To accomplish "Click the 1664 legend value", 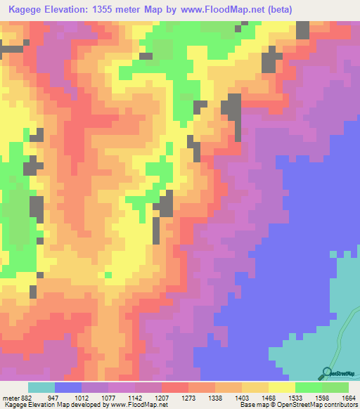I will [349, 397].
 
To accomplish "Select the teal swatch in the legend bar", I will [41, 387].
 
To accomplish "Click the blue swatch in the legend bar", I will [68, 387].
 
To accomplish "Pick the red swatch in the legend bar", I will [175, 387].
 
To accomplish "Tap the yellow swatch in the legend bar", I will [282, 387].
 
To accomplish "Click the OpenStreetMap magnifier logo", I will [327, 373].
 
